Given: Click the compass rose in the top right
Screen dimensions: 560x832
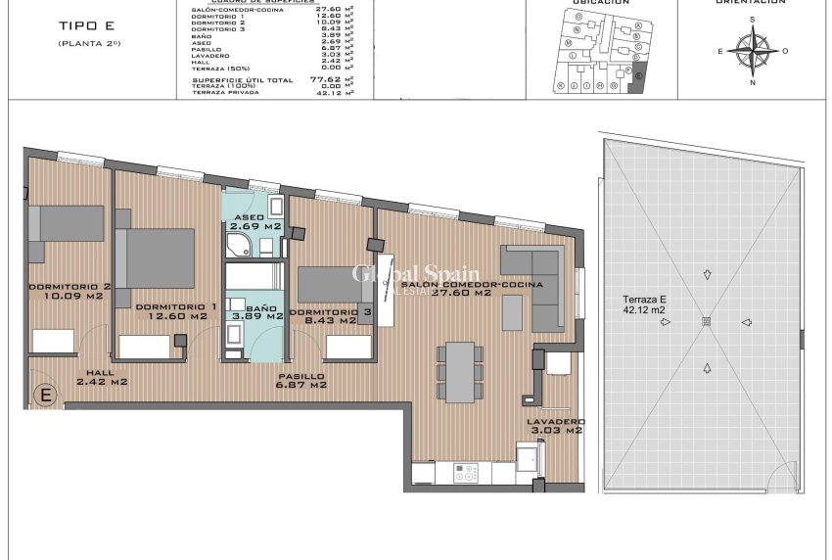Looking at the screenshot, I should (753, 51).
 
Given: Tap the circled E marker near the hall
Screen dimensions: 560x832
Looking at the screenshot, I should (44, 396).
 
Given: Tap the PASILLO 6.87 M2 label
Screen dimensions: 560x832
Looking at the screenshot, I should (300, 381).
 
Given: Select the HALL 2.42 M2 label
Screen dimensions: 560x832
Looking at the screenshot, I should (102, 378).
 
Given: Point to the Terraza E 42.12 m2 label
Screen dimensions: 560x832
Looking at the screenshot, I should (645, 304).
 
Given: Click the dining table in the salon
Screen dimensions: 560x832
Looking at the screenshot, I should (459, 370).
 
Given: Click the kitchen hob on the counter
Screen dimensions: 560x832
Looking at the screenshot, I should (465, 472).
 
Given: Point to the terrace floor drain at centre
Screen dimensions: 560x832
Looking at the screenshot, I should (706, 322).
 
